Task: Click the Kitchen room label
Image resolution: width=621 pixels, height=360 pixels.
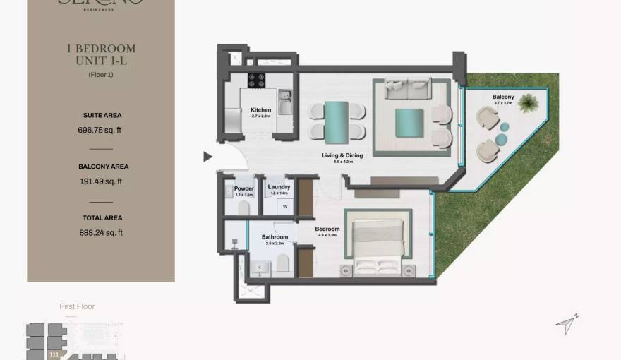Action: (260, 110)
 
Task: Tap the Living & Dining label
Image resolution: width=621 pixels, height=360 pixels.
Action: (342, 155)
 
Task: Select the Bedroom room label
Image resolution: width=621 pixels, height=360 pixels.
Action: (327, 229)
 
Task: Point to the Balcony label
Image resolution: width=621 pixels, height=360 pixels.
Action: (503, 97)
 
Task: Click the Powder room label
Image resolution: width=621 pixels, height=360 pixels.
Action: (244, 188)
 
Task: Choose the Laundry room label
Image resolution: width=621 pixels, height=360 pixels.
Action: (279, 188)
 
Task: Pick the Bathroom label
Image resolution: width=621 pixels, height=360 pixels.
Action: (275, 237)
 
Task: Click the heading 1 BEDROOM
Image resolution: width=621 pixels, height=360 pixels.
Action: (101, 49)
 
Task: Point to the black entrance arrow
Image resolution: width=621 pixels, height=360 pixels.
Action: (207, 157)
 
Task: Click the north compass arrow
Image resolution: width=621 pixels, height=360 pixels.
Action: (566, 324)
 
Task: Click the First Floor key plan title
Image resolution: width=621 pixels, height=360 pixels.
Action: (78, 306)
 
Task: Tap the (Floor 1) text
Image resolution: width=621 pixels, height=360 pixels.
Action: (101, 75)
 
